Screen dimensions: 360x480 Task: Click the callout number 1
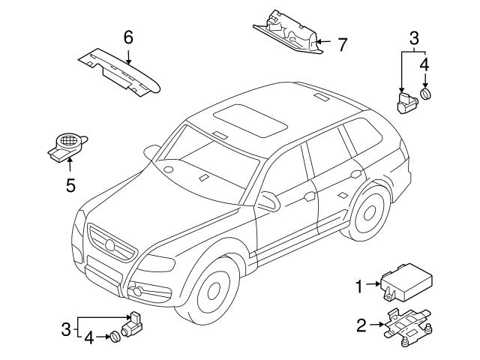pos(358,285)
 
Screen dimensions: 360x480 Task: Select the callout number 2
pos(361,325)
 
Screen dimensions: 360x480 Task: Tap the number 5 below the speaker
pos(70,184)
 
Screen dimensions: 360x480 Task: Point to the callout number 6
pos(128,37)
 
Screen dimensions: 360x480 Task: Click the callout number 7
pos(342,45)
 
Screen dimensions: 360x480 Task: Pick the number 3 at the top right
pos(414,37)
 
